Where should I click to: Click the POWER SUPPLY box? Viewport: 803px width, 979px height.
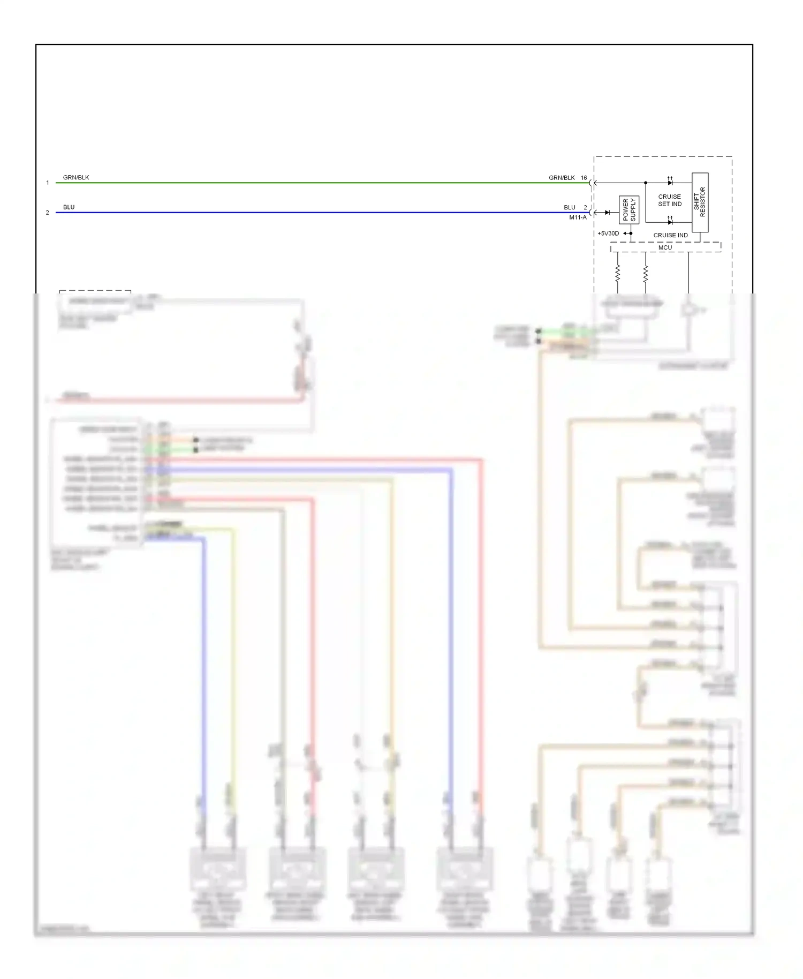(629, 209)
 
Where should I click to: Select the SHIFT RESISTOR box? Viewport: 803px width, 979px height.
(700, 202)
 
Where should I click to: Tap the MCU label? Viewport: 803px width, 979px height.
(665, 247)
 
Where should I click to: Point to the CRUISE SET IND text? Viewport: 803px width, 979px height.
(670, 200)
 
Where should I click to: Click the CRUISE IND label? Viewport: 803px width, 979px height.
(670, 235)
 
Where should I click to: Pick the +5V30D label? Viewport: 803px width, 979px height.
(608, 234)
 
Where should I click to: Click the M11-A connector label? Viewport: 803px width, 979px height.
(578, 217)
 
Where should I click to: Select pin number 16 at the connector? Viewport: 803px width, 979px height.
(584, 178)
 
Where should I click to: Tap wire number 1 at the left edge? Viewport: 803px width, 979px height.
(48, 183)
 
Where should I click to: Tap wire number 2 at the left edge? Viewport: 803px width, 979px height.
(48, 213)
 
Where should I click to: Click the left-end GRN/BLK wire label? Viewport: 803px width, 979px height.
(76, 177)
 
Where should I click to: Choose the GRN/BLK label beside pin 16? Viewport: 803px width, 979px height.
(562, 178)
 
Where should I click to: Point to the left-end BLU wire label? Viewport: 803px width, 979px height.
(69, 207)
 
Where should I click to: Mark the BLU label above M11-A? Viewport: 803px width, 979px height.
(569, 207)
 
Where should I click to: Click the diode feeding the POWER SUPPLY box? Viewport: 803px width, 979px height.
(607, 213)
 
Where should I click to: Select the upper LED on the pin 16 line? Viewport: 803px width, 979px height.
(670, 182)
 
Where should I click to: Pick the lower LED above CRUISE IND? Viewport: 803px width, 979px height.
(670, 222)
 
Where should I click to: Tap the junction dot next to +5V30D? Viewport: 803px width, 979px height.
(631, 234)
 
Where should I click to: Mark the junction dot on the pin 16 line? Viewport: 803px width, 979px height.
(646, 183)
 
